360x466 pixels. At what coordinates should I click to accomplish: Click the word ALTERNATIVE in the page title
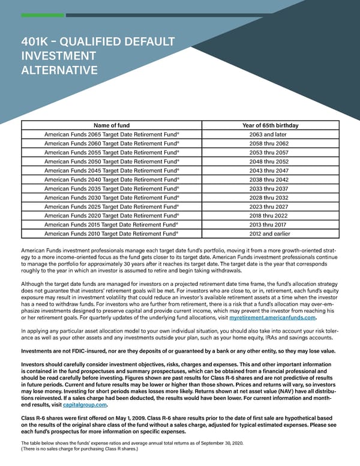pyautogui.click(x=59, y=71)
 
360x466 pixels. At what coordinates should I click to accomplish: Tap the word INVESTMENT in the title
pyautogui.click(x=59, y=56)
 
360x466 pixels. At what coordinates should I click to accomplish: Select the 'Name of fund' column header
pyautogui.click(x=112, y=125)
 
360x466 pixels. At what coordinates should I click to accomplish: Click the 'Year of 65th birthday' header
pyautogui.click(x=269, y=125)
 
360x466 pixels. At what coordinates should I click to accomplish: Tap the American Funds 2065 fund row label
pyautogui.click(x=112, y=135)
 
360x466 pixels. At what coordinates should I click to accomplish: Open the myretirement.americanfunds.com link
pyautogui.click(x=272, y=318)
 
